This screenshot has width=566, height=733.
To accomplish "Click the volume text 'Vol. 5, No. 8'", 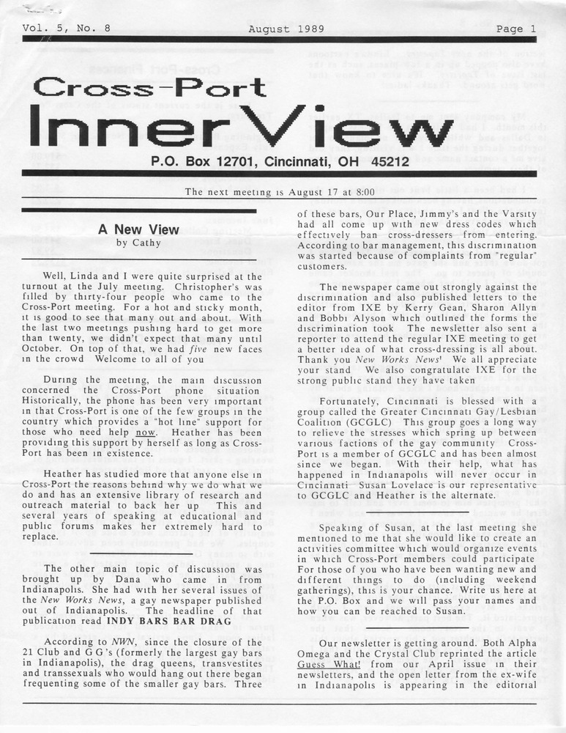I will click(67, 29).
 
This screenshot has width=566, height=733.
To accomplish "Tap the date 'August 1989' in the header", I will click(282, 29).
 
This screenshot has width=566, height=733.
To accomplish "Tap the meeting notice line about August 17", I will click(280, 192).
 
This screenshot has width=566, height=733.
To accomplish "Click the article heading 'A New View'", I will click(138, 229).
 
